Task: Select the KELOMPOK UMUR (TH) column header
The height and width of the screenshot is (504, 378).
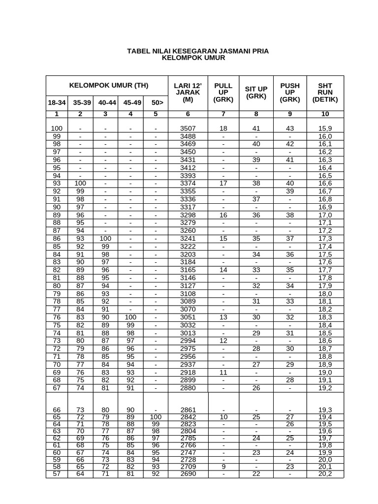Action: pos(108,85)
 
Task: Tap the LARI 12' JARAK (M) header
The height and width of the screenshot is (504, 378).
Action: pos(188,93)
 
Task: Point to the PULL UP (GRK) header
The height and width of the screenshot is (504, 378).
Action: pos(223,93)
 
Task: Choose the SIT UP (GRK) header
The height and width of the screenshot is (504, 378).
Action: pos(256,93)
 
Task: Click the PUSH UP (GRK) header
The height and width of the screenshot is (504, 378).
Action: pos(290,93)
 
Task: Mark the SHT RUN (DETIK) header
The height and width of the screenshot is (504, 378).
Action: pos(325,93)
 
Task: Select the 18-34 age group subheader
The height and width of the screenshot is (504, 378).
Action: pos(57,103)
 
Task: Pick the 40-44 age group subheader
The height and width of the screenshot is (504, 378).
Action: pos(107,103)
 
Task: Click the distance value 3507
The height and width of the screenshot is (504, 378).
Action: pos(188,128)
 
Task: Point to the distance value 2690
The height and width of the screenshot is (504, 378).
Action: pos(188,474)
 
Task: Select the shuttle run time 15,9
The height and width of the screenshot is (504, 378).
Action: pos(325,128)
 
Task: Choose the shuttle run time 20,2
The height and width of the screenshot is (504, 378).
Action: pos(325,474)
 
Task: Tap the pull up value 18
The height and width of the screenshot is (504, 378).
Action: pos(223,128)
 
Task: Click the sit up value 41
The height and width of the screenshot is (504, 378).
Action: pos(256,128)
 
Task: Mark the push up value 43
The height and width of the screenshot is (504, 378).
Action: pos(290,128)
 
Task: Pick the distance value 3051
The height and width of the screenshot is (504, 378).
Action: pos(188,317)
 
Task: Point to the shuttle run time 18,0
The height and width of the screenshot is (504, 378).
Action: pos(325,294)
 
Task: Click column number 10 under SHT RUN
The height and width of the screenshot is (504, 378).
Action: pos(325,114)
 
